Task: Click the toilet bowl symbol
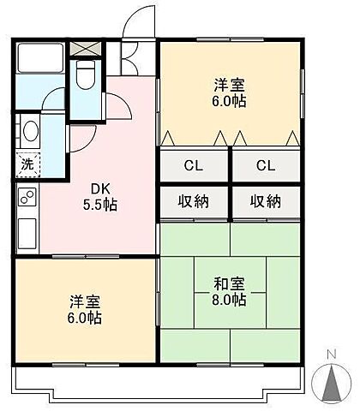point(86,74)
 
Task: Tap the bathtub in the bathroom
point(40,57)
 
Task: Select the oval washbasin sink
point(31,131)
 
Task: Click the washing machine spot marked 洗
point(27,164)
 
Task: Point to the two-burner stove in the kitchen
point(27,197)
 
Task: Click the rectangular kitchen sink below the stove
point(27,234)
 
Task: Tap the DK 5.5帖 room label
point(100,197)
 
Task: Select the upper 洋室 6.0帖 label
point(230,93)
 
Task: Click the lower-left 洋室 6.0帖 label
point(85,310)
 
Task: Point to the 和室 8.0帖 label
point(230,292)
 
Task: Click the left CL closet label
point(194,165)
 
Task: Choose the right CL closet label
point(266,165)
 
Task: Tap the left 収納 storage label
point(194,202)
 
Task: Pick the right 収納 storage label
point(266,202)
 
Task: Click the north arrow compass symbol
point(332,384)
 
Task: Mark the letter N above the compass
point(332,354)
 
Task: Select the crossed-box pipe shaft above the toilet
point(86,49)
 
